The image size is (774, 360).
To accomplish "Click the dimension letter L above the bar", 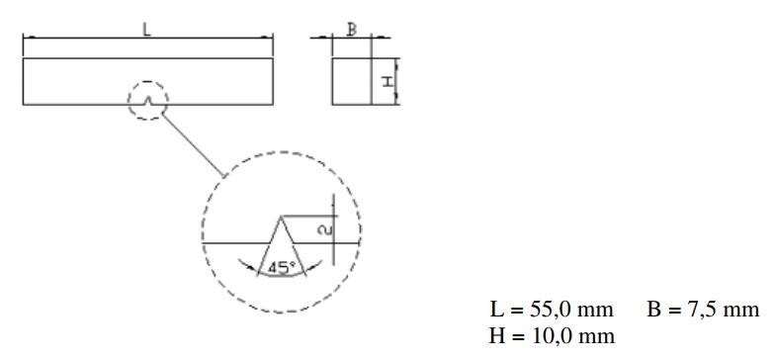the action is click(146, 30).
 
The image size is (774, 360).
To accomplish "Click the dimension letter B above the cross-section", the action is click(352, 30).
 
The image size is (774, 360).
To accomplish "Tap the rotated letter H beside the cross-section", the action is click(389, 81).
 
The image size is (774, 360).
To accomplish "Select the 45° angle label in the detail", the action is click(282, 268).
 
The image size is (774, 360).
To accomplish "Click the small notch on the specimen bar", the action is click(147, 101).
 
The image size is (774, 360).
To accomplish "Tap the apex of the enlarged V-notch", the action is click(282, 217).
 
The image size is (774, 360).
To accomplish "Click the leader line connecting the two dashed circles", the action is click(193, 144).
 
